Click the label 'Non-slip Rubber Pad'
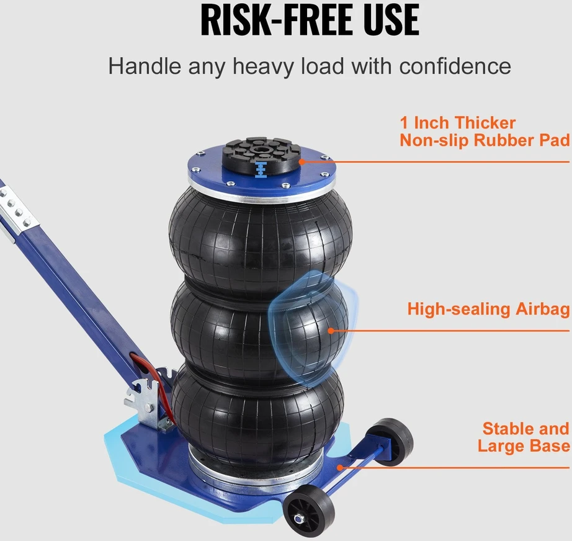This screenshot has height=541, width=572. [x=485, y=140]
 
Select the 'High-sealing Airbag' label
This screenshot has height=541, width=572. [x=488, y=310]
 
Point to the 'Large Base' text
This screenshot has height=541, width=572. [x=524, y=446]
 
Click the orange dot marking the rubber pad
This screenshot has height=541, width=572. [x=302, y=161]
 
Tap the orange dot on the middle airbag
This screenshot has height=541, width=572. [x=331, y=331]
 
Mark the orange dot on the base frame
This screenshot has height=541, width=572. [x=340, y=467]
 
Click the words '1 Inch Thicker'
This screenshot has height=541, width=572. [x=457, y=123]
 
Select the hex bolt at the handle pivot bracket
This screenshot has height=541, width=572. [x=149, y=408]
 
